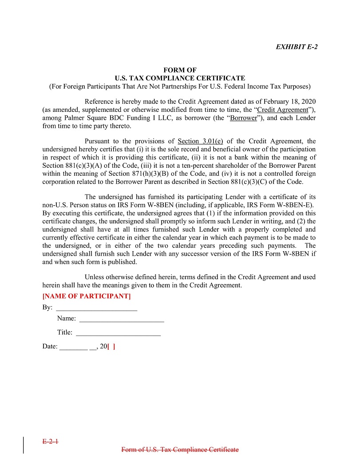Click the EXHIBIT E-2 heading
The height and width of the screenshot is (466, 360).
[297, 47]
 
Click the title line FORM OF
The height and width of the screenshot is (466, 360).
[180, 70]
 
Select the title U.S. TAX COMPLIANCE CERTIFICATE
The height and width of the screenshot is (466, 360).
[180, 78]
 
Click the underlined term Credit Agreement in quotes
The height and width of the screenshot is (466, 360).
[283, 110]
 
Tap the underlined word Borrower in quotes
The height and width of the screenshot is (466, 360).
[244, 118]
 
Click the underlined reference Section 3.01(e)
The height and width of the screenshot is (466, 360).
[200, 142]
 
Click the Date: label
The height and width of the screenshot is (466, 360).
[50, 347]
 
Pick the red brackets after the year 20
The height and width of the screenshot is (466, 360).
[112, 347]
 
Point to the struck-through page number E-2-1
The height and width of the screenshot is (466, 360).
[51, 442]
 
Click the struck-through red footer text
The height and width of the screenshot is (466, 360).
[180, 450]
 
